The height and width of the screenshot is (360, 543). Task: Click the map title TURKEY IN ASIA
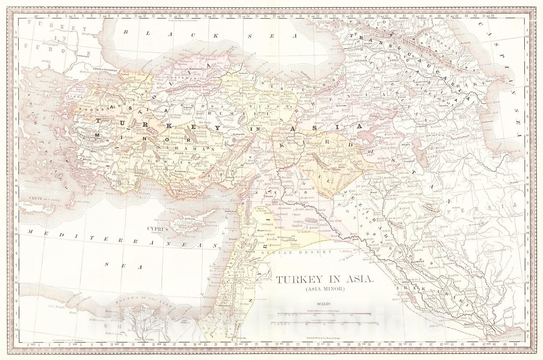coord(324,280)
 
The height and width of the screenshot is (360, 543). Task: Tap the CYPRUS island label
coord(157,229)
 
